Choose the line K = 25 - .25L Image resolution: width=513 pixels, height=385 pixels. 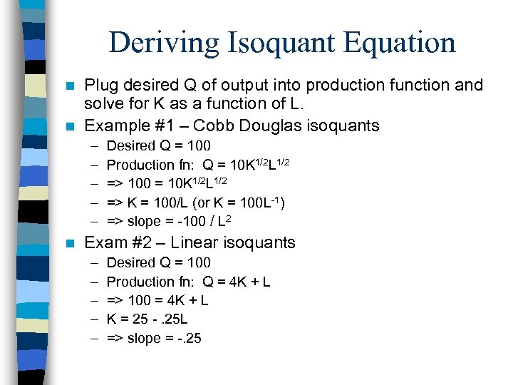pyautogui.click(x=147, y=319)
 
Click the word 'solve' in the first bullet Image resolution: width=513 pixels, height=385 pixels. pyautogui.click(x=103, y=105)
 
